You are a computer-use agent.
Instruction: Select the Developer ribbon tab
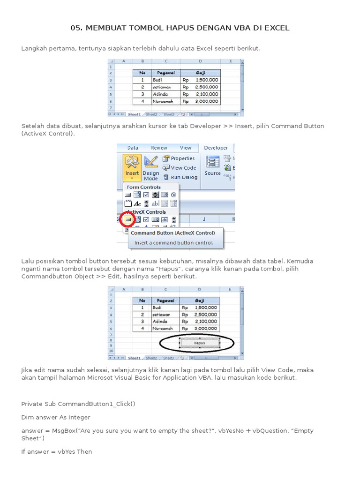pyautogui.click(x=216, y=148)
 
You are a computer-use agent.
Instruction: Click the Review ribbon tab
pyautogui.click(x=159, y=148)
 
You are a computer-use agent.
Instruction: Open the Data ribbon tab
pyautogui.click(x=133, y=148)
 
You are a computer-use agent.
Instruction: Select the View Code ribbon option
pyautogui.click(x=183, y=168)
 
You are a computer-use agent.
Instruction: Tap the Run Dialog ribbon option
pyautogui.click(x=183, y=177)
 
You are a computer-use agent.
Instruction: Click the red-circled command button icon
pyautogui.click(x=127, y=219)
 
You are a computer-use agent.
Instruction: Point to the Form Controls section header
pyautogui.click(x=143, y=187)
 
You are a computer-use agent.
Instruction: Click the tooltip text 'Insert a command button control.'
pyautogui.click(x=173, y=243)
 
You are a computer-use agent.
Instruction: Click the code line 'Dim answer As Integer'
pyautogui.click(x=56, y=417)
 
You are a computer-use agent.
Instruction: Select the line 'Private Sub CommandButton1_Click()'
pyautogui.click(x=78, y=404)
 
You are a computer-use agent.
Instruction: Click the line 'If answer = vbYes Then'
pyautogui.click(x=57, y=451)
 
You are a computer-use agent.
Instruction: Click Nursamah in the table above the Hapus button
pyautogui.click(x=162, y=329)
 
